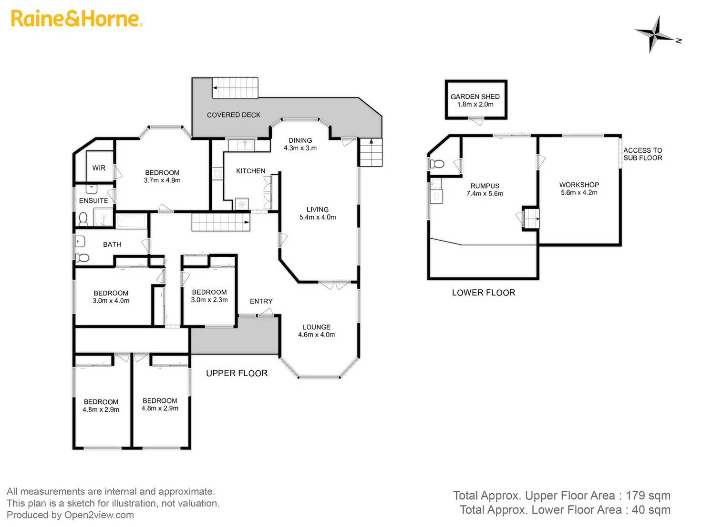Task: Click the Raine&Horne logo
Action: (x=77, y=19)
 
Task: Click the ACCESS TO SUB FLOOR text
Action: (x=642, y=154)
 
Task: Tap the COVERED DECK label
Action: (x=234, y=115)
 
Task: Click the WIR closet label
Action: (x=99, y=168)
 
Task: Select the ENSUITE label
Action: (x=93, y=200)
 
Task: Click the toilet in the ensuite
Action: (x=83, y=219)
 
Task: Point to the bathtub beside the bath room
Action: (x=132, y=221)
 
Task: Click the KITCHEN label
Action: (x=250, y=171)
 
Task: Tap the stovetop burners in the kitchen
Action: (x=217, y=174)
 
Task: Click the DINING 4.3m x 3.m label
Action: (x=300, y=144)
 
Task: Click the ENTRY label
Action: (x=261, y=301)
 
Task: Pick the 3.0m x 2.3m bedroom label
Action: (x=209, y=296)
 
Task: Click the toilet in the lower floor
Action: (x=437, y=164)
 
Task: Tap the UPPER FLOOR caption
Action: (x=237, y=373)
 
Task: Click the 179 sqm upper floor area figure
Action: (x=648, y=495)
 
